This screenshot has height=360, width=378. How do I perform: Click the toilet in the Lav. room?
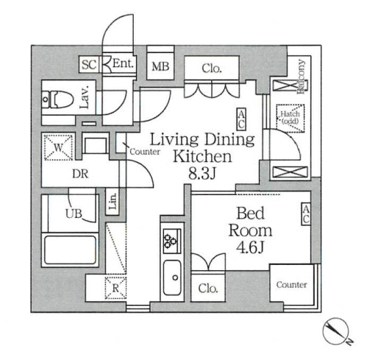click(x=58, y=99)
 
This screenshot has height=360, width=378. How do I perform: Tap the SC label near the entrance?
click(x=89, y=65)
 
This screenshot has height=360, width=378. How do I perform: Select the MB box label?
click(x=160, y=66)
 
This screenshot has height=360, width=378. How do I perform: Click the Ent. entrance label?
click(x=123, y=64)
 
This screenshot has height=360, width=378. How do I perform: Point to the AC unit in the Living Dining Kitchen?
click(x=241, y=119)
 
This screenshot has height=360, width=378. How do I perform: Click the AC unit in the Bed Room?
click(x=306, y=213)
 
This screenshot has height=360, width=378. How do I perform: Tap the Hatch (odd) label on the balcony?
click(x=290, y=117)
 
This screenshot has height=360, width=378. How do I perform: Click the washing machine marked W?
click(x=58, y=147)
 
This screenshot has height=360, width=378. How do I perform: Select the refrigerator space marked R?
click(x=115, y=288)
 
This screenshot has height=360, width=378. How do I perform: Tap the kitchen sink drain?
click(x=175, y=278)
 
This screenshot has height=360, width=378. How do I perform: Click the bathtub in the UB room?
click(x=70, y=250)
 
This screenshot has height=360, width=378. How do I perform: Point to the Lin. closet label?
click(x=113, y=202)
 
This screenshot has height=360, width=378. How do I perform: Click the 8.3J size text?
click(x=202, y=174)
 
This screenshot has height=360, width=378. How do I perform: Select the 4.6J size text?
click(x=250, y=247)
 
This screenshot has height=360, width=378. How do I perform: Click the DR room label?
click(x=80, y=174)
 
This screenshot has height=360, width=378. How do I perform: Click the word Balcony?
click(x=302, y=77)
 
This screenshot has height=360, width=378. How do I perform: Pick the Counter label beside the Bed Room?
click(x=291, y=285)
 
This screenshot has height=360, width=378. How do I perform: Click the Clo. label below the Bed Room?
click(x=208, y=289)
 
